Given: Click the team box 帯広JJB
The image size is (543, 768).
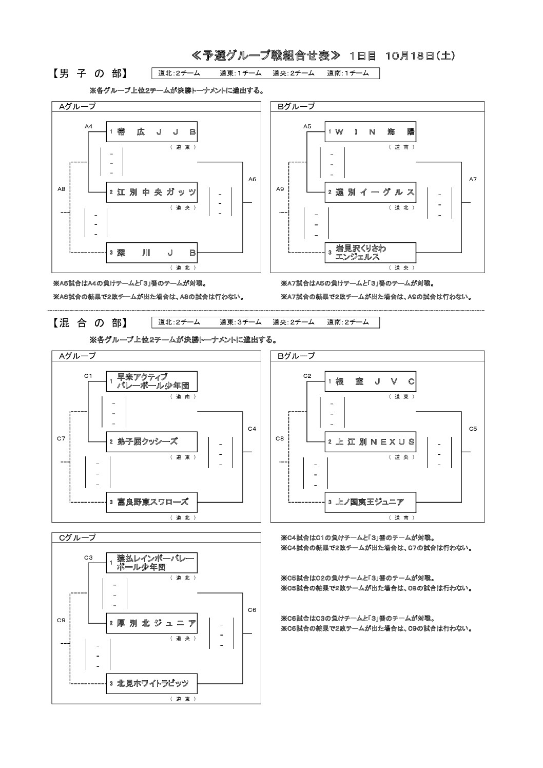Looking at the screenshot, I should tap(151, 132).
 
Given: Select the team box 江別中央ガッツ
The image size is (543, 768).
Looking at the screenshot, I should tap(151, 193).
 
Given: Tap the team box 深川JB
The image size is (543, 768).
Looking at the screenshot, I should tap(151, 253).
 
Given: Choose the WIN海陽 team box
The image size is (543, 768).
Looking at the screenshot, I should tap(370, 132).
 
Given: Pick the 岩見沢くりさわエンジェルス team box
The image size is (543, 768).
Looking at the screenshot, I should tap(370, 253).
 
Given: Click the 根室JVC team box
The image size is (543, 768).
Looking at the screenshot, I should tap(370, 381).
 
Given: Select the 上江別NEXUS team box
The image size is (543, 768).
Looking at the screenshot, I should tap(370, 442).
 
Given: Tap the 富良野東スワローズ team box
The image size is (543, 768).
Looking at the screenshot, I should tap(151, 502).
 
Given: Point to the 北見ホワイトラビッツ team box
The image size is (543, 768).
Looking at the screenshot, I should tap(151, 684).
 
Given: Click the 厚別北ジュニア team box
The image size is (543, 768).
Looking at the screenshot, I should tap(151, 623).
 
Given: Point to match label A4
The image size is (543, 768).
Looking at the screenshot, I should tap(89, 126).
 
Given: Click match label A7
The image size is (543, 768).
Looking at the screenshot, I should tap(473, 179).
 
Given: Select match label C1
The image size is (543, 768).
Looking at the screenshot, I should tap(89, 376).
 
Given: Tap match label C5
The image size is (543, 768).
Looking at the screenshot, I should tap(473, 429).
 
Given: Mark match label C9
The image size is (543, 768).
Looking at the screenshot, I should tap(61, 620).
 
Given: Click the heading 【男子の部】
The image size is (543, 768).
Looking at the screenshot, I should tap(89, 74).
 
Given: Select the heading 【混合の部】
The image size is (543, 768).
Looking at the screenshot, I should tap(89, 323).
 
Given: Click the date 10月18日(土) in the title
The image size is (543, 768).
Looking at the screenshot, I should tap(421, 56).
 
